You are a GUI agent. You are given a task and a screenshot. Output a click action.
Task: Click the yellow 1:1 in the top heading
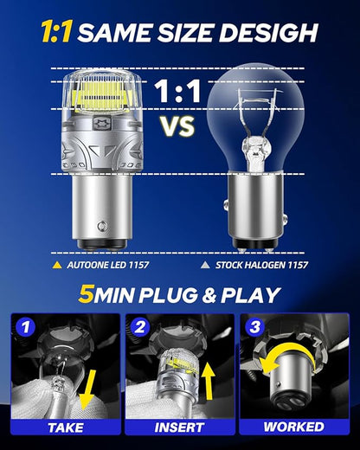tap(56, 32)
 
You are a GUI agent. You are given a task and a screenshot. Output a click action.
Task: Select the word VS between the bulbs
tap(177, 126)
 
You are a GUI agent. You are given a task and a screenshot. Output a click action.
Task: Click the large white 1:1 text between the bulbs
tap(177, 91)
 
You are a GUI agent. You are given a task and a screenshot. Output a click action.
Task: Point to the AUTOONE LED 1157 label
tap(108, 265)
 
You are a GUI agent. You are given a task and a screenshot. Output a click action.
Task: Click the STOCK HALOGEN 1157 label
tap(261, 265)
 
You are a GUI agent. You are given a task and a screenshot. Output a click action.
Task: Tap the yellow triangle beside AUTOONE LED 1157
tap(57, 265)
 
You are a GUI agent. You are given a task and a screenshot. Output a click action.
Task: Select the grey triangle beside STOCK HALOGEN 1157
tap(205, 265)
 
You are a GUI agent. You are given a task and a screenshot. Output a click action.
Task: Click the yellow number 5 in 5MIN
tap(86, 295)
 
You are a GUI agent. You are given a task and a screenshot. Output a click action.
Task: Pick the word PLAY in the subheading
tap(251, 295)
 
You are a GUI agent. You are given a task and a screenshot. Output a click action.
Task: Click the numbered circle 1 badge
tap(26, 327)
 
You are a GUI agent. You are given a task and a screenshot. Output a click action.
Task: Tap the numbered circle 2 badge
tap(140, 327)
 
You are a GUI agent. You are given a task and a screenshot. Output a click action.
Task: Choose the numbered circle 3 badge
tap(254, 327)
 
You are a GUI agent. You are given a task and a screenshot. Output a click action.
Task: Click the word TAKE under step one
tap(66, 427)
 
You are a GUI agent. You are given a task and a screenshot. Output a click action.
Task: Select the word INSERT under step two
tap(179, 427)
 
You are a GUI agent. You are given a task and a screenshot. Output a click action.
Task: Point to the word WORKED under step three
tap(293, 427)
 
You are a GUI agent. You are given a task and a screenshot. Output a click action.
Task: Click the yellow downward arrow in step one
tap(88, 390)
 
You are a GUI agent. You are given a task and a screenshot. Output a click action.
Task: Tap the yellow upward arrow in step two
tap(208, 382)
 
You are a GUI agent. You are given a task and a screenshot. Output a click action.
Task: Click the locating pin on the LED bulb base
tap(101, 226)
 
